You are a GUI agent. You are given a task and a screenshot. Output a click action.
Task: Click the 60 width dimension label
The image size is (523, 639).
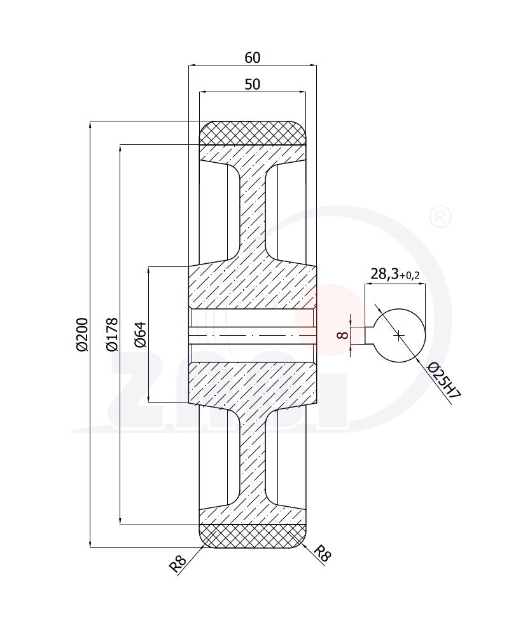253,57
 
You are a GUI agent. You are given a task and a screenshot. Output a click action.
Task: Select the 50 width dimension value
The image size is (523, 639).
253,85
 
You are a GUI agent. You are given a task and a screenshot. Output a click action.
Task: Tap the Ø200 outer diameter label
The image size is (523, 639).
81,334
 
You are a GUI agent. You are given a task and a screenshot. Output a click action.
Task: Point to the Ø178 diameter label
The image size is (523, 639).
111,334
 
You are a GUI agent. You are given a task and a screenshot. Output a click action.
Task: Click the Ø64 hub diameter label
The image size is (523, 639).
141,334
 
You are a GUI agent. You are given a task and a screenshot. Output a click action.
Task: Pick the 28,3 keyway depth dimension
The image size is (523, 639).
384,274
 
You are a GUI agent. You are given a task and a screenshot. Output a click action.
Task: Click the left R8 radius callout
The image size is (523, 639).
178,563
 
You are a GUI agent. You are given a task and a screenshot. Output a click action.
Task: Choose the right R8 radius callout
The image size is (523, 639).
323,554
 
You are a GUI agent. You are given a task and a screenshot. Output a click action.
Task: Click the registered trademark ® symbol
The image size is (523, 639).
440,217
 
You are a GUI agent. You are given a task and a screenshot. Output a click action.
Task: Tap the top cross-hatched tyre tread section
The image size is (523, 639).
253,133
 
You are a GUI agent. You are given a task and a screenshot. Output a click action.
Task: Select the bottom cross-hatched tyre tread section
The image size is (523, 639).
253,536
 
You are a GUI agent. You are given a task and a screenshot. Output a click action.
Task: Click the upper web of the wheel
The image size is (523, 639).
253,210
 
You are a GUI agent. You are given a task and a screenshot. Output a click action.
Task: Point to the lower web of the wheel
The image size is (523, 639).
253,458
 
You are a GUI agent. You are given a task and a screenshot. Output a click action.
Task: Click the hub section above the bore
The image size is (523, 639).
253,286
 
